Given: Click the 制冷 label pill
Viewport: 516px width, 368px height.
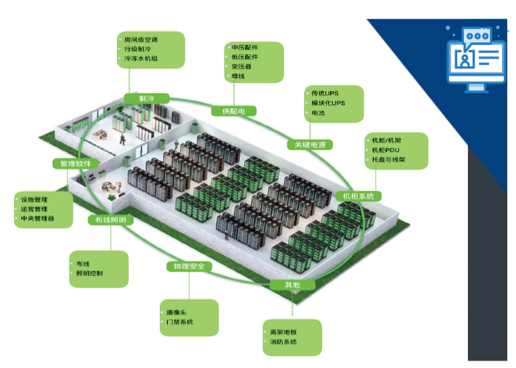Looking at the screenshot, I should point(146,99).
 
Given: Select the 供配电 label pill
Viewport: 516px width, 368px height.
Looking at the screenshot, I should point(234,111).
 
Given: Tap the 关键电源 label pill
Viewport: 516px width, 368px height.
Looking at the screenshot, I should point(309,145).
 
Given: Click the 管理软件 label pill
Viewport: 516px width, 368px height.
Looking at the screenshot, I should point(76,163).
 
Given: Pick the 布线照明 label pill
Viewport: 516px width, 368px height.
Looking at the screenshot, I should point(110,219).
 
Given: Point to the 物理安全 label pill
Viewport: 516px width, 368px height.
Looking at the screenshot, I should point(189,266).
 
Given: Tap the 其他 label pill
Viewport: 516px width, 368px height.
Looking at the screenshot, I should point(292,285).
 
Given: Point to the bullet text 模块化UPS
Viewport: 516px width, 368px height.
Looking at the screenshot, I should point(328,103).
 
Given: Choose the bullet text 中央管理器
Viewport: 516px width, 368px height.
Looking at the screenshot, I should point(37,219).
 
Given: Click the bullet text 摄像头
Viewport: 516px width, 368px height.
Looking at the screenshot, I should point(177,312).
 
